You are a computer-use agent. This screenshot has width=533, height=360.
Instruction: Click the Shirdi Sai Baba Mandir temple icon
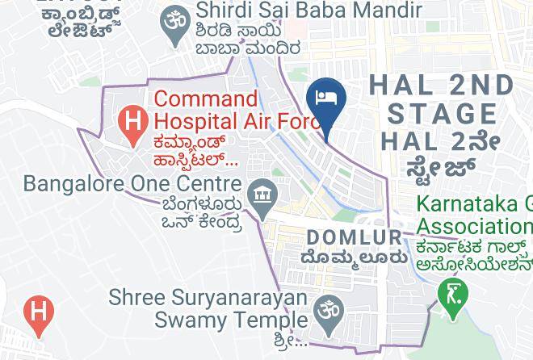pyautogui.click(x=174, y=17)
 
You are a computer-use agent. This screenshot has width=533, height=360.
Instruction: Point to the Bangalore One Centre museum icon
pyautogui.click(x=262, y=195)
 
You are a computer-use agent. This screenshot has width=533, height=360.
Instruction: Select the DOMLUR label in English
pyautogui.click(x=355, y=237)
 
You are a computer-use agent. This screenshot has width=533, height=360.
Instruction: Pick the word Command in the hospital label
pyautogui.click(x=206, y=99)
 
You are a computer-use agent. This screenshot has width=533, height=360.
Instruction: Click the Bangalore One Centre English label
pyautogui.click(x=132, y=183)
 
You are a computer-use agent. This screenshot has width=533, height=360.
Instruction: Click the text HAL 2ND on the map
pyautogui.click(x=441, y=85)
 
